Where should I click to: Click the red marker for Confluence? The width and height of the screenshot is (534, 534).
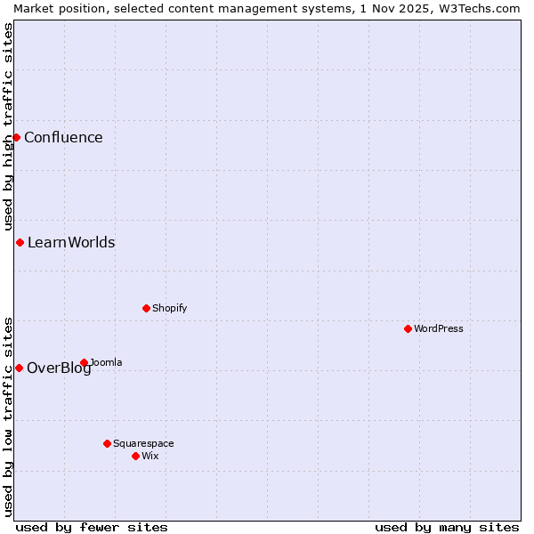click(16, 137)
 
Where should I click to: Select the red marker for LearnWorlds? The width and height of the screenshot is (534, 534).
click(20, 242)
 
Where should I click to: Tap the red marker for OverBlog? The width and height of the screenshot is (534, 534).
click(19, 368)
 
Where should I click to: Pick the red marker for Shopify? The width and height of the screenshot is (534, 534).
click(146, 308)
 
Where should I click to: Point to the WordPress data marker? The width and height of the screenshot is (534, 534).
click(408, 328)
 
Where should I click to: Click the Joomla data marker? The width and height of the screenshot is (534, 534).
click(84, 362)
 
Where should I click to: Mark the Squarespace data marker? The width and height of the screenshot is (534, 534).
click(107, 443)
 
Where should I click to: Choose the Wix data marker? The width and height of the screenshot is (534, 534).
click(135, 456)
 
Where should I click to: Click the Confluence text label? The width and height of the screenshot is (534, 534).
click(63, 137)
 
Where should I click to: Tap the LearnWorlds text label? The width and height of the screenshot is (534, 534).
click(71, 242)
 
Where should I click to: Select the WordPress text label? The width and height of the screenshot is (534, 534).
click(439, 328)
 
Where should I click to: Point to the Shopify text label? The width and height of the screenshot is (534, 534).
click(169, 308)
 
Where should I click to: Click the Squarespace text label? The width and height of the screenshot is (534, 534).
click(143, 443)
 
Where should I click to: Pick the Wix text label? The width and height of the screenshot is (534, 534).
click(150, 456)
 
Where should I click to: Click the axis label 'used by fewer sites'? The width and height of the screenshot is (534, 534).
click(92, 527)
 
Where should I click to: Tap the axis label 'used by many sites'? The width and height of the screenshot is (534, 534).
click(447, 527)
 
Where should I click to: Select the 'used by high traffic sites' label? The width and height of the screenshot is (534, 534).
click(8, 126)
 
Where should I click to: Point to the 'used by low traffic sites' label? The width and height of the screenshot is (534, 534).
click(8, 417)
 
